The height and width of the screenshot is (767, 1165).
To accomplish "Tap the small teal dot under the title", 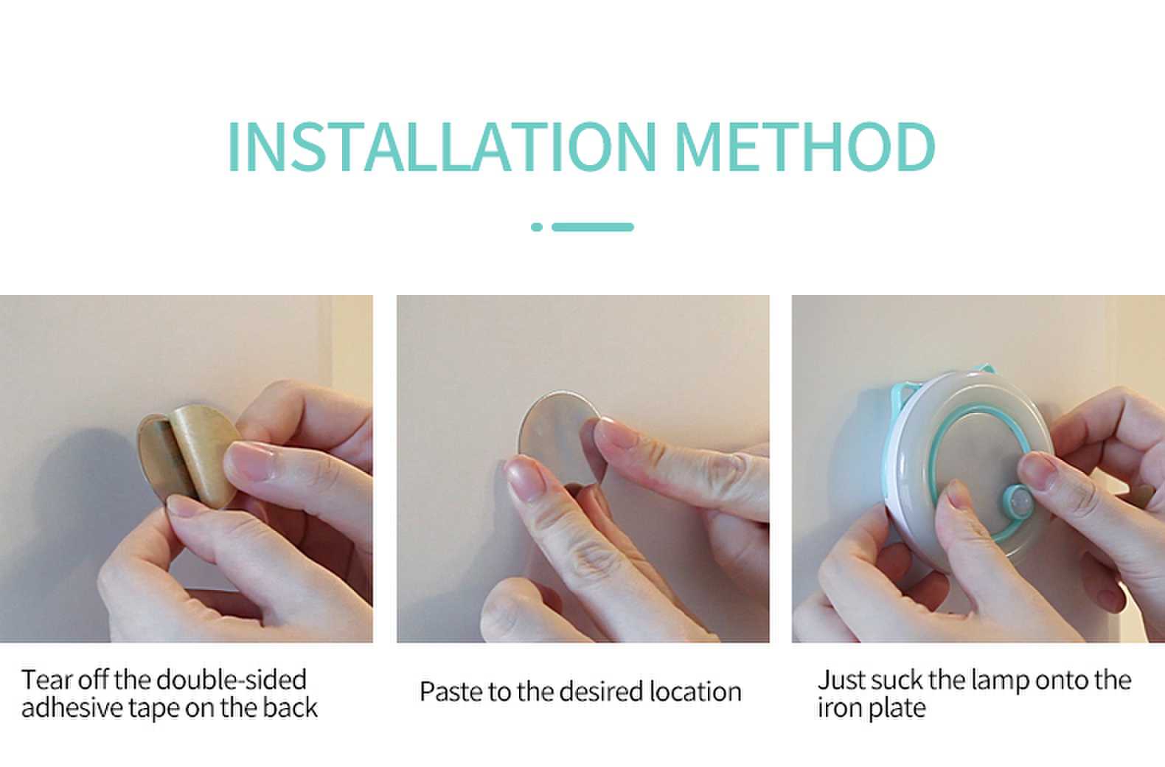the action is pyautogui.click(x=537, y=227).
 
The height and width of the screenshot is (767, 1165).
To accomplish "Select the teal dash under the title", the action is pyautogui.click(x=592, y=227).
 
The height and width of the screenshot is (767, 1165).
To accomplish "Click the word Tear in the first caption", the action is pyautogui.click(x=46, y=679).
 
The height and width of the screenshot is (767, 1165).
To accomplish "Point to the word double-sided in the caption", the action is pyautogui.click(x=232, y=679).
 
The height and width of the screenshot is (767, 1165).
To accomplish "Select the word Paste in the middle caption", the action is pyautogui.click(x=451, y=692).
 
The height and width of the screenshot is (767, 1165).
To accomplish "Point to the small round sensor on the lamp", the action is pyautogui.click(x=1018, y=500).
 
